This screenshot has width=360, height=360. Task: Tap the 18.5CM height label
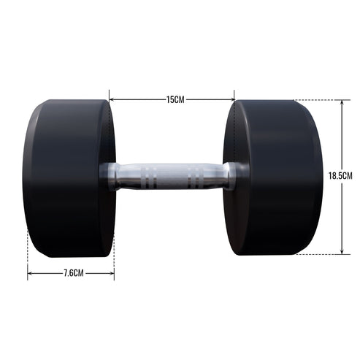point(342,176)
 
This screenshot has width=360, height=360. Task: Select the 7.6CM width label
point(71,273)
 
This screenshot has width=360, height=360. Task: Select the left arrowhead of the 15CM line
point(112,99)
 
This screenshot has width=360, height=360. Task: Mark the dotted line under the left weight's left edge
point(28,263)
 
